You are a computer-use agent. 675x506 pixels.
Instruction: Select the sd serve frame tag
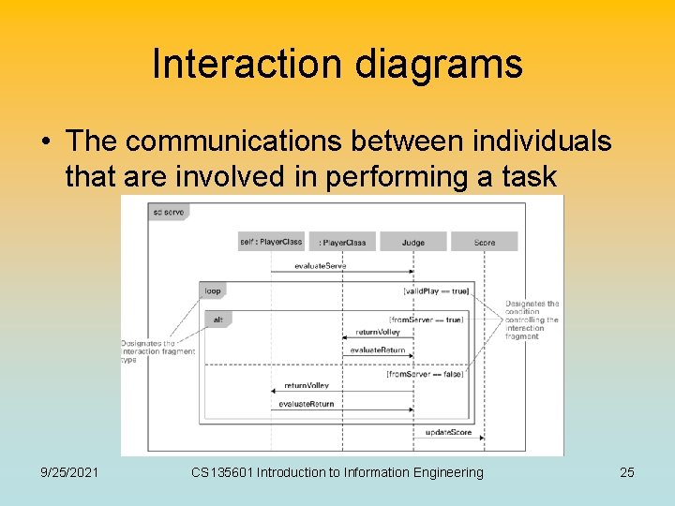168,212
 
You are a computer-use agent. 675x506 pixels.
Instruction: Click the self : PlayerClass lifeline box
271,242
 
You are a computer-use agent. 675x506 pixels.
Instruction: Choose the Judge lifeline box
412,242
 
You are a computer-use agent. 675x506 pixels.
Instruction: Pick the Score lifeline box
484,242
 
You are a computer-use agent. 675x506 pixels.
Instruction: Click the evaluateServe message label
320,266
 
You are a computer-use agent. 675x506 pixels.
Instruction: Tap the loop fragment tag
213,291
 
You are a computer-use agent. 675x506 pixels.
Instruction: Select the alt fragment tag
217,320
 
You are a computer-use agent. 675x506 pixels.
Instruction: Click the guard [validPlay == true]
436,291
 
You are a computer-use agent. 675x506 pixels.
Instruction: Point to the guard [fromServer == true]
426,320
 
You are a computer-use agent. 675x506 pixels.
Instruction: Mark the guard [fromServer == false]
425,374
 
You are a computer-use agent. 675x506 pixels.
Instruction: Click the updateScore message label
448,432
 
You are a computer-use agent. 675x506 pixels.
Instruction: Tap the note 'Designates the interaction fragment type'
157,351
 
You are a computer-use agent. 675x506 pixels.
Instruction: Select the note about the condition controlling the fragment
532,320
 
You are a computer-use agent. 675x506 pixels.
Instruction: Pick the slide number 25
626,472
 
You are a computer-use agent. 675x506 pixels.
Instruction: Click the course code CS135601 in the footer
221,472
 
